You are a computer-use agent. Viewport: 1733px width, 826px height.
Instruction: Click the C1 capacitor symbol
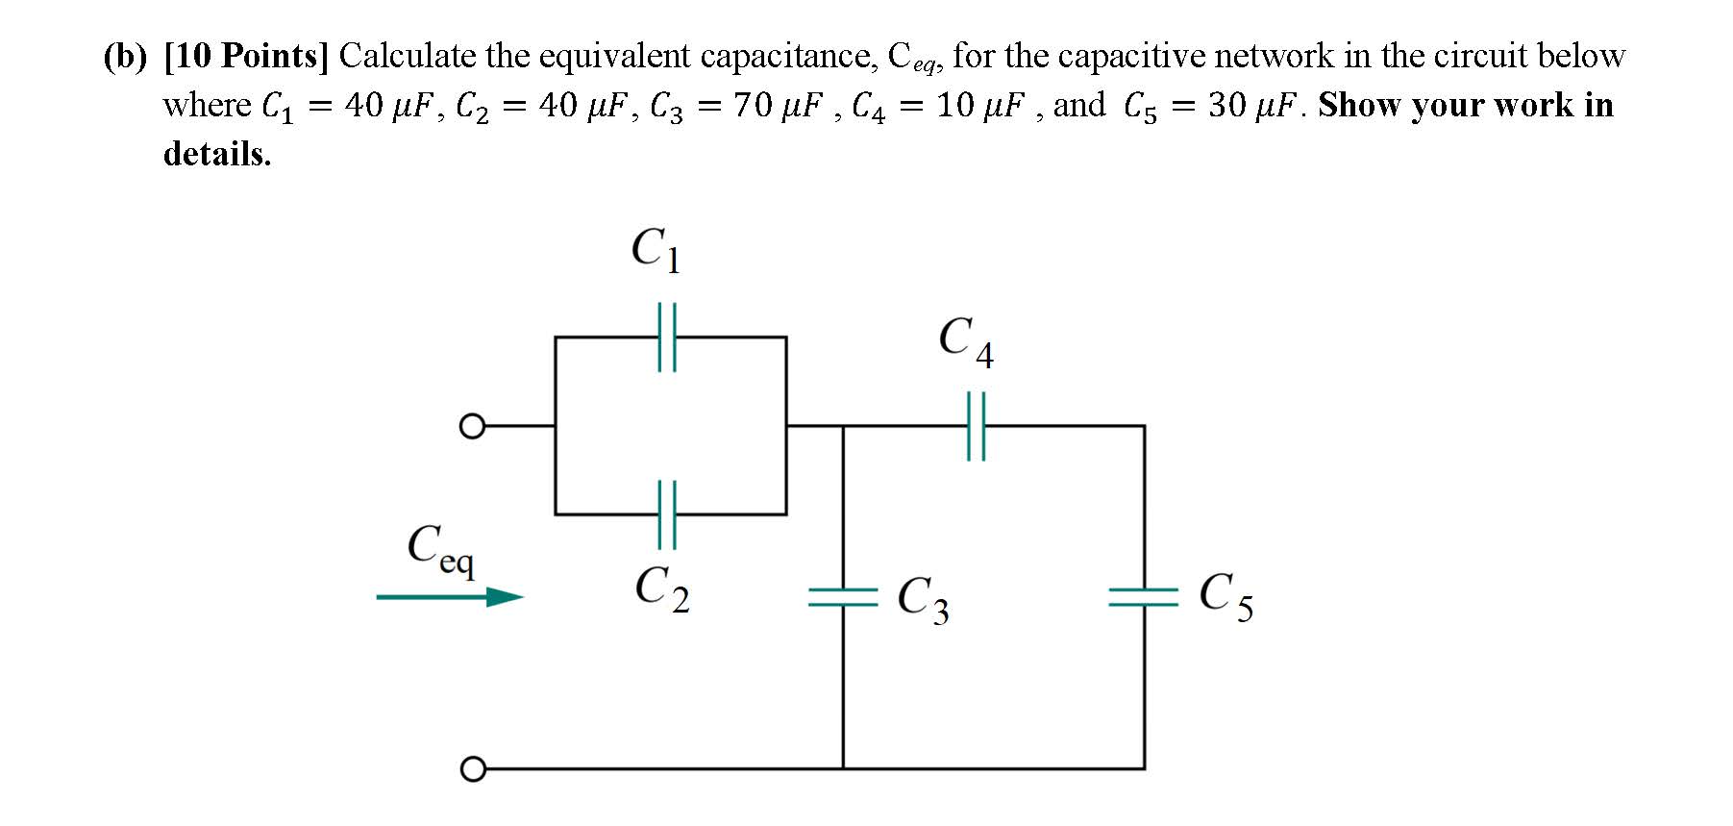click(667, 337)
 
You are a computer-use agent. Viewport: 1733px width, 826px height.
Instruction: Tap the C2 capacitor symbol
click(667, 514)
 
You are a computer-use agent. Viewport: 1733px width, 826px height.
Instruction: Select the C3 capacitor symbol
click(843, 598)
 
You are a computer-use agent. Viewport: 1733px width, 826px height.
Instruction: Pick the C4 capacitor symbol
click(976, 425)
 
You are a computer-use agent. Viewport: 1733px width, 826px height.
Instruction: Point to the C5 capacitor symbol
click(1144, 598)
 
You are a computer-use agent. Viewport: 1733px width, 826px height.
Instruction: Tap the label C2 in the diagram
click(661, 588)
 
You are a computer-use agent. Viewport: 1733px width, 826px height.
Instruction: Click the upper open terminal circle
click(471, 425)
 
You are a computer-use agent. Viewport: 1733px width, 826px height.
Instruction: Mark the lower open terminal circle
click(471, 769)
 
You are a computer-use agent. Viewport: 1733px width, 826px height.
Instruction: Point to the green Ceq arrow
click(449, 597)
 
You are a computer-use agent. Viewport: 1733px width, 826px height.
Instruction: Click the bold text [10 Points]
click(246, 56)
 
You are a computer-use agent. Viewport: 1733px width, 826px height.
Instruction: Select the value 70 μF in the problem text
click(778, 106)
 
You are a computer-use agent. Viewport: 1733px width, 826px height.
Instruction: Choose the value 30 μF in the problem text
click(1253, 106)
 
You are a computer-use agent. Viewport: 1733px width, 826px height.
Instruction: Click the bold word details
click(217, 154)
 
